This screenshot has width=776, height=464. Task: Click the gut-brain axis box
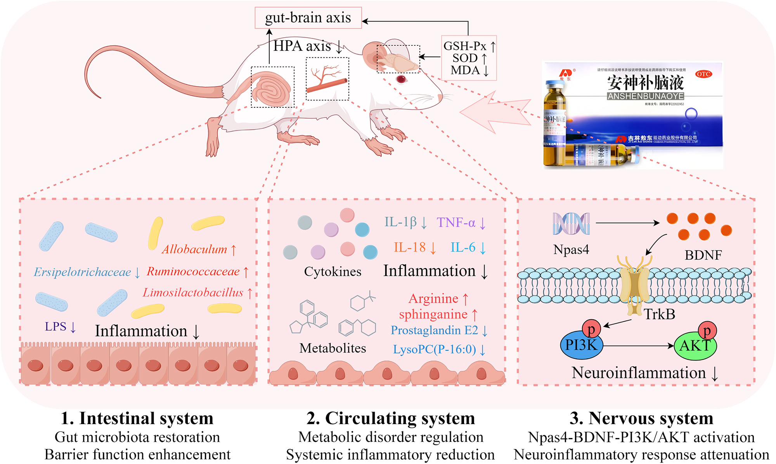coord(308,18)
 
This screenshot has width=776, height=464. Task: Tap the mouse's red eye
coord(401,79)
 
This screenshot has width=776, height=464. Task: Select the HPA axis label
coord(302,46)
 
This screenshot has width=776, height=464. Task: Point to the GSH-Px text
coord(465,46)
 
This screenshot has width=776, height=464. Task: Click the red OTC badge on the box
coord(703,74)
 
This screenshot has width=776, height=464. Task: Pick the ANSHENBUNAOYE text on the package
coord(645,96)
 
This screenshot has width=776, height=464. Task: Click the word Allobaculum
coord(194,249)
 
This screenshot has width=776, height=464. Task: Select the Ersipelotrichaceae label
coord(82,272)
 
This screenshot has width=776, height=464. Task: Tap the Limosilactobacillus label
coord(193,293)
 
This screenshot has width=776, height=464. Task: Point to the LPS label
coord(55,327)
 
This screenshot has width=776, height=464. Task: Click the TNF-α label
coord(456,223)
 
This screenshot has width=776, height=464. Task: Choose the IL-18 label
coord(409,248)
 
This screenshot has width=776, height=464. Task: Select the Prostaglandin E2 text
coord(434,330)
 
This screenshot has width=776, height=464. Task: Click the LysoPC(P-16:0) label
coord(434,350)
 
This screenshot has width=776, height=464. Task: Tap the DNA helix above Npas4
coord(571,224)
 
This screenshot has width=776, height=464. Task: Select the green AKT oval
coord(695,346)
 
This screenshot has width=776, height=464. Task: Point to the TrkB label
coord(660,314)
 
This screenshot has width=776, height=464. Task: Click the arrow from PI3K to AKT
coord(638,346)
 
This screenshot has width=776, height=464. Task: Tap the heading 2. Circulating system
coord(390,419)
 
